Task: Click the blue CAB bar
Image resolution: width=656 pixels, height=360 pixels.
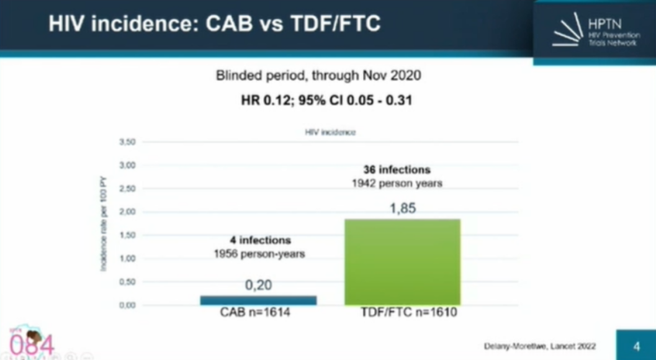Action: click(x=258, y=300)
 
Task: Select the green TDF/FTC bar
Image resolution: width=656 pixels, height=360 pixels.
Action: click(x=402, y=261)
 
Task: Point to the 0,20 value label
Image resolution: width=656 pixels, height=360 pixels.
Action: click(x=258, y=286)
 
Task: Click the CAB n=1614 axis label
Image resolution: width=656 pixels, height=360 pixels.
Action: click(x=255, y=312)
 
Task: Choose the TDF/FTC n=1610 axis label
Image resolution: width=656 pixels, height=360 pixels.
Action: click(x=409, y=312)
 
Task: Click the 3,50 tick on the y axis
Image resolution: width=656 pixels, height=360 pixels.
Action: click(x=127, y=142)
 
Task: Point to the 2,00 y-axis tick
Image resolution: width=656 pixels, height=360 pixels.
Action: click(x=127, y=212)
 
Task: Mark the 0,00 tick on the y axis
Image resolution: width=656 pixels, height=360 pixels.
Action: click(x=127, y=305)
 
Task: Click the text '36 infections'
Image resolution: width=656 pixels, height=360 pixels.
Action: click(x=397, y=169)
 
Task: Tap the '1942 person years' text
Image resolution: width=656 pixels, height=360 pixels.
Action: click(x=397, y=184)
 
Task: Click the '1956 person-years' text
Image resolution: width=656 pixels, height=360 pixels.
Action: click(x=259, y=254)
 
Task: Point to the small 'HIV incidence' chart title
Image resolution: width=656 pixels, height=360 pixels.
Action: click(x=330, y=132)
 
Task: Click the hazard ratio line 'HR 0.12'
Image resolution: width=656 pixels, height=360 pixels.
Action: click(x=327, y=99)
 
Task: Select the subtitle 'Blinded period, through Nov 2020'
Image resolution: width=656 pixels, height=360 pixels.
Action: click(x=318, y=76)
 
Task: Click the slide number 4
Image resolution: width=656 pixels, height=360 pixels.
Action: click(x=636, y=346)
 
